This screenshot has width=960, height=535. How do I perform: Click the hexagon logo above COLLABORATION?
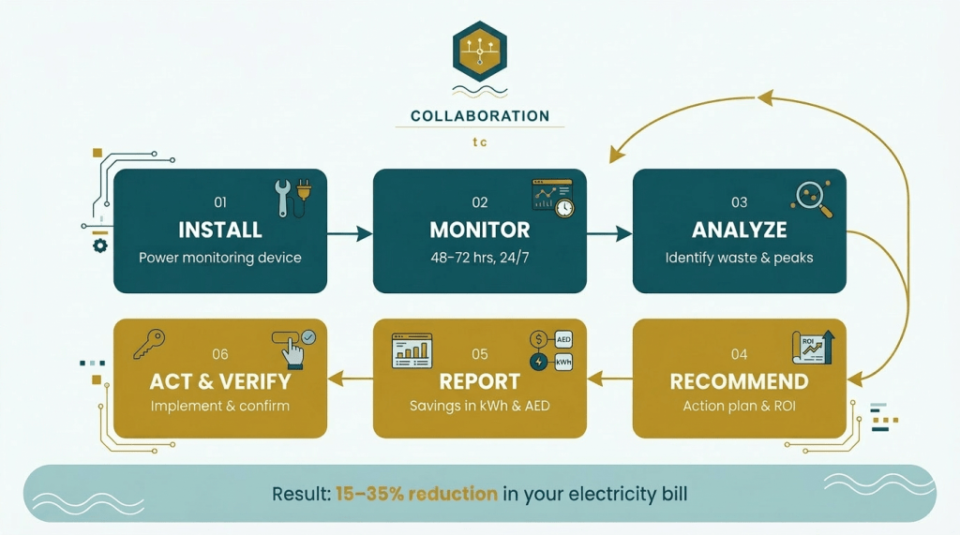click(x=479, y=51)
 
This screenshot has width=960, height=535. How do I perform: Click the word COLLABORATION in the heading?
click(x=480, y=116)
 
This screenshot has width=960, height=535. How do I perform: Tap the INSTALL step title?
click(x=220, y=230)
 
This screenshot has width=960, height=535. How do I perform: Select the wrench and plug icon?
click(x=292, y=198)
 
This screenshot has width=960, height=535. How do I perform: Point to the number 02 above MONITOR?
click(x=480, y=202)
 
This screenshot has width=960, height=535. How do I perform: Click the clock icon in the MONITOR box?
click(x=563, y=207)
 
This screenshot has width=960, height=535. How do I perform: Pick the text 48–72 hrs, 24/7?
click(x=480, y=257)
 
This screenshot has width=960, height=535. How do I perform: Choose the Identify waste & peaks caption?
click(x=740, y=257)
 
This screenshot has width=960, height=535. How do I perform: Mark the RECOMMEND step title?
click(x=740, y=381)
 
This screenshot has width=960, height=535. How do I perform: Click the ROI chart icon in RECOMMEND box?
click(x=813, y=349)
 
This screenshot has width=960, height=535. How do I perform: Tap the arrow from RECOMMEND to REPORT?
click(x=610, y=379)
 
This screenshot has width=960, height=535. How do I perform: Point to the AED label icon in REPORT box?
click(x=564, y=340)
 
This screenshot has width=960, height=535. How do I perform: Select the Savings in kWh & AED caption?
click(x=480, y=407)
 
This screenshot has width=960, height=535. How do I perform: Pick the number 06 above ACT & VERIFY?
click(x=220, y=354)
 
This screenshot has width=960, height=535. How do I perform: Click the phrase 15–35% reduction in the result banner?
click(x=416, y=493)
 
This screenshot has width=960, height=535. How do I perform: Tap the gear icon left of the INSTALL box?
click(x=100, y=245)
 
